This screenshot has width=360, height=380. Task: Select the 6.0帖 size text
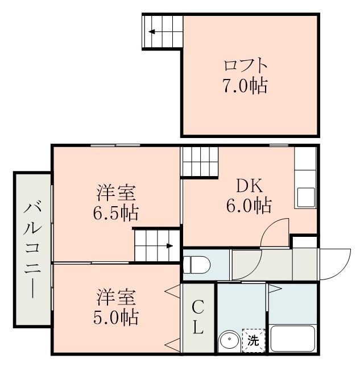point(249,205)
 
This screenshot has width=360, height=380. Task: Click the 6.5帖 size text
point(116,214)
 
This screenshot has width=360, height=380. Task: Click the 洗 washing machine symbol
point(253,341)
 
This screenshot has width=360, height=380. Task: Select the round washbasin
point(230,341)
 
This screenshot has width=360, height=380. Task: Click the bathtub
point(293,339)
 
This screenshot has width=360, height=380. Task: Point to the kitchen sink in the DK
point(305,197)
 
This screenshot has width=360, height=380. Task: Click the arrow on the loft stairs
point(152,31)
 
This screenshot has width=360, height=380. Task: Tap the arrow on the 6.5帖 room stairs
point(169,246)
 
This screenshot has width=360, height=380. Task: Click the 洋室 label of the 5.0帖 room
point(116,297)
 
